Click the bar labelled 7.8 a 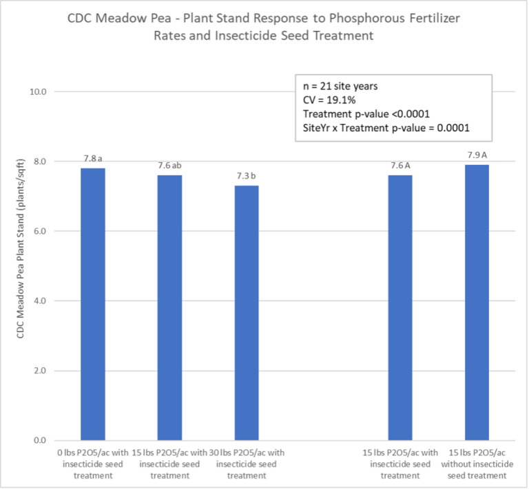(x=92, y=304)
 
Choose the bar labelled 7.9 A (x=477, y=302)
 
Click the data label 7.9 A (x=477, y=155)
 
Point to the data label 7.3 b (x=247, y=176)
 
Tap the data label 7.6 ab (x=169, y=166)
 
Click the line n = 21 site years (x=340, y=87)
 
